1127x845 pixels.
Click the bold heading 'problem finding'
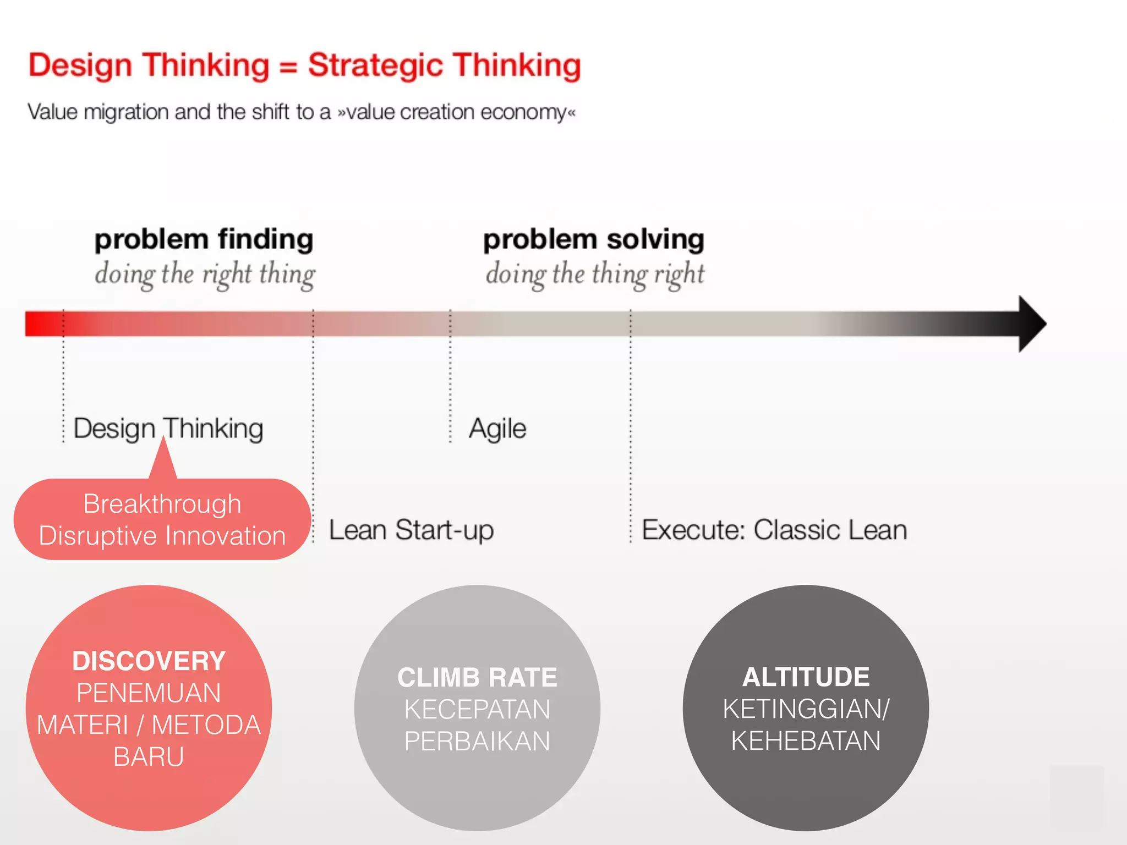pos(204,240)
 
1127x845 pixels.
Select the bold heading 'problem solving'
pos(593,240)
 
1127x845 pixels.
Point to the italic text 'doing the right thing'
pos(205,274)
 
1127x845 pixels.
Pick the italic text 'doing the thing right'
pos(594,274)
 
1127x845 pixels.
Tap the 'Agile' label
pos(497,429)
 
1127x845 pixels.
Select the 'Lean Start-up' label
pos(411,530)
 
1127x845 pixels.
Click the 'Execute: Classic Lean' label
pos(774,530)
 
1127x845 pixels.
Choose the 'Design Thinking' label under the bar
pos(168,429)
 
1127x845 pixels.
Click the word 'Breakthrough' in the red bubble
pos(162,504)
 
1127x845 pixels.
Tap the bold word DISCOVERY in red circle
pos(149,661)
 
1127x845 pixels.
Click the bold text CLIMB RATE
pos(477,677)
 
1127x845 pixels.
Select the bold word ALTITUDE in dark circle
pos(806,677)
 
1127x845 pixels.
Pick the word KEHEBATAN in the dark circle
pos(806,740)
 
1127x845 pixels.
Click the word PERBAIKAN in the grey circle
pos(477,741)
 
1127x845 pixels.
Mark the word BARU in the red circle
pos(149,756)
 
